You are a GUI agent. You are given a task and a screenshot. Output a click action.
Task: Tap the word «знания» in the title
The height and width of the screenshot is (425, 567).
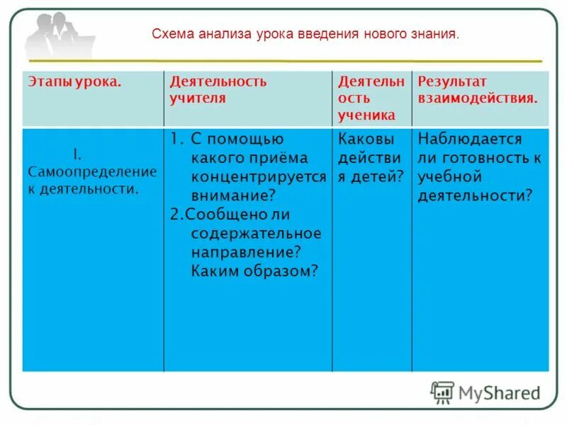[439, 33]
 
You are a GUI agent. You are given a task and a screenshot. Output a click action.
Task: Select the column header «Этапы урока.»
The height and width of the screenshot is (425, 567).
[75, 81]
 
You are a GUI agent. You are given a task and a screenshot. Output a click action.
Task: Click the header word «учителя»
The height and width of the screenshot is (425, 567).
[198, 98]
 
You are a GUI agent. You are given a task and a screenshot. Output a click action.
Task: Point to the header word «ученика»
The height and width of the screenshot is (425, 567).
[366, 115]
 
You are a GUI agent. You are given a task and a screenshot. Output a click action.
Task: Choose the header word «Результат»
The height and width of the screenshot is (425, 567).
[452, 81]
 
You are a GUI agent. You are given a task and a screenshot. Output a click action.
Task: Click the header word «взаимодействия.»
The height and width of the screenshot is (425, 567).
[478, 98]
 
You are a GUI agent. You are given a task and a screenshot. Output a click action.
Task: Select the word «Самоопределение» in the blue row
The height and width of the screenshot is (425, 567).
[92, 172]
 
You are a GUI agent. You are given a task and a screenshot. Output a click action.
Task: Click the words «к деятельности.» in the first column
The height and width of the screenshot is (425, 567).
[83, 189]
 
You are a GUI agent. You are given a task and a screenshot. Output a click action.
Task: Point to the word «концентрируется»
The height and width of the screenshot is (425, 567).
[258, 176]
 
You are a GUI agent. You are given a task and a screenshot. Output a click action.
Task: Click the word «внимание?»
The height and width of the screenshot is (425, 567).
[233, 195]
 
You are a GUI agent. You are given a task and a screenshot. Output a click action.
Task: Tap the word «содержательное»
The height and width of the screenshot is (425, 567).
[256, 233]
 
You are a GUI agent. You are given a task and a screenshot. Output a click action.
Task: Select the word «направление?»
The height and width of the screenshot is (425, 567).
[246, 251]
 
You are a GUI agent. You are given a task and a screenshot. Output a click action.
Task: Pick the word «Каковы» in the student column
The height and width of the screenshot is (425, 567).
[366, 139]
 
